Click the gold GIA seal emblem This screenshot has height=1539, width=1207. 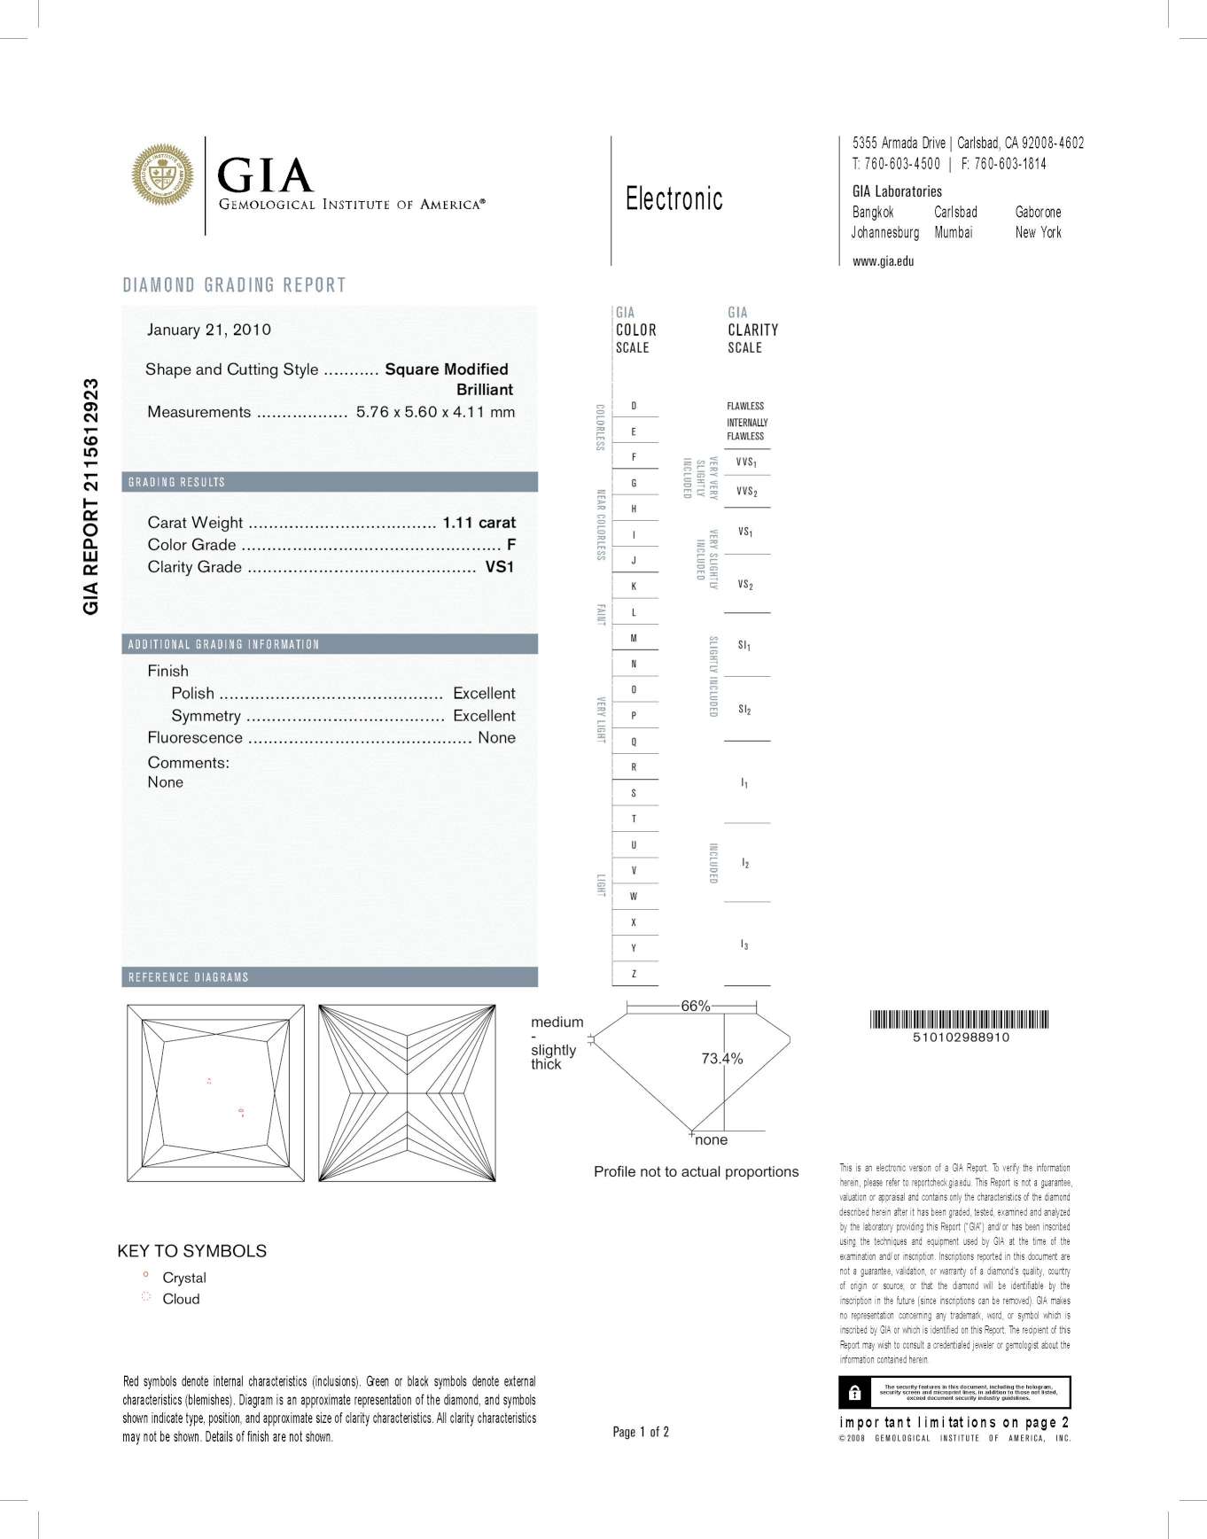162,175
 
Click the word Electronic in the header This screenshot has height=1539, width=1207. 674,199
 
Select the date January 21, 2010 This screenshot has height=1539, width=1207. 209,330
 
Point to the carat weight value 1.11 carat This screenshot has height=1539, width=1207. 479,523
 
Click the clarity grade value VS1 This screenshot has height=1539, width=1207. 499,567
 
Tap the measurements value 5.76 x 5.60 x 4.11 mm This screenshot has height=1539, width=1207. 435,412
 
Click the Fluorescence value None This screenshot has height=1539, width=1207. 496,737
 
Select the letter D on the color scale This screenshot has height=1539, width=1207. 634,406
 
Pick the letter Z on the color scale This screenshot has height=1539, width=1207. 634,974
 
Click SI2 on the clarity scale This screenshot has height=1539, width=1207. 744,710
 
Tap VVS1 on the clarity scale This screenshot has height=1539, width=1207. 746,462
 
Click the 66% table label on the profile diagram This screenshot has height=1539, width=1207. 695,1006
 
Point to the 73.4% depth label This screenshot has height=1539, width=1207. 721,1058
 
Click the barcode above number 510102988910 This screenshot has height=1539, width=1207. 960,1019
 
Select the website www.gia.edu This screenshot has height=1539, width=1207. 883,261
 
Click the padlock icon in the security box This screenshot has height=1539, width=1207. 854,1392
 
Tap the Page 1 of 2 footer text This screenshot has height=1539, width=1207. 641,1432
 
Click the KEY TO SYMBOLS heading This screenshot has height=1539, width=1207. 191,1251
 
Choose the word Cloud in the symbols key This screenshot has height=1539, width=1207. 181,1299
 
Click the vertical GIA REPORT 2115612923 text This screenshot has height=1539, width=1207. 90,496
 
